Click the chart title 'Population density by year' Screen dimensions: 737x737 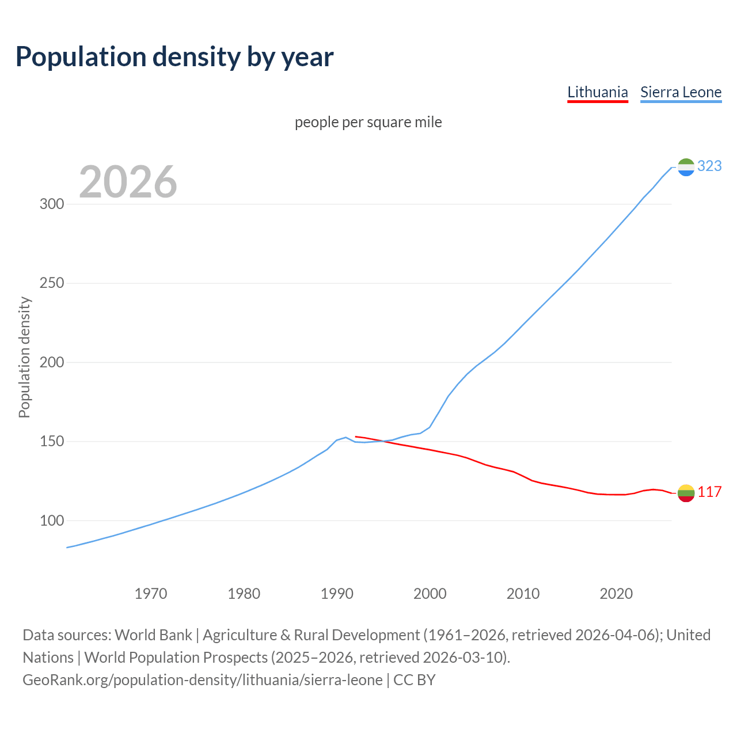174,56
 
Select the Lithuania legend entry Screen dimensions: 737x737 597,92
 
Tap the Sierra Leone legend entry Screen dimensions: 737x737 681,92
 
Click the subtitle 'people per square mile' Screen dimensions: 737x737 368,122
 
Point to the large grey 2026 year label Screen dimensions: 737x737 128,182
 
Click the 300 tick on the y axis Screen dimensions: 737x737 52,204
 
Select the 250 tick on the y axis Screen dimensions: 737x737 52,283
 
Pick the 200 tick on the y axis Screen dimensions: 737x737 52,362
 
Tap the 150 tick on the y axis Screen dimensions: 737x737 52,442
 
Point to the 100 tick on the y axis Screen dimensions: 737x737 52,521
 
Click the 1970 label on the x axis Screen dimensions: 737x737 151,593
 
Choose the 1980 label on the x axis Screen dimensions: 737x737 244,593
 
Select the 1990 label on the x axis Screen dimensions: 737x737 337,593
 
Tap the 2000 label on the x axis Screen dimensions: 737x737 430,593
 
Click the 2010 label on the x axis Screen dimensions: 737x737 523,593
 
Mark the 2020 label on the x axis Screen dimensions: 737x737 616,593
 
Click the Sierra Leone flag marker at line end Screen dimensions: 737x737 686,167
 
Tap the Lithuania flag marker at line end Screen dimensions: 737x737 686,493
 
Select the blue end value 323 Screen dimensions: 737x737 709,166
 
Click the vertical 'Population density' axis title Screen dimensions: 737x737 24,357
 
